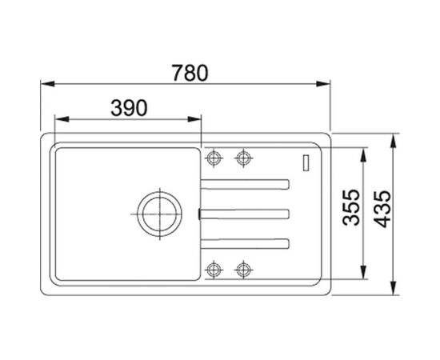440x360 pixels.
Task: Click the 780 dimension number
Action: (x=190, y=73)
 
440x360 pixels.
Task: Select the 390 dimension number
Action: (x=129, y=108)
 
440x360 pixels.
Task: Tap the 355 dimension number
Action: (x=351, y=207)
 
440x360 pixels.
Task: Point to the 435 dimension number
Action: (x=382, y=209)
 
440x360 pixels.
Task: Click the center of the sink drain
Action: (x=159, y=214)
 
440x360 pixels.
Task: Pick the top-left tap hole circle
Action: (x=214, y=158)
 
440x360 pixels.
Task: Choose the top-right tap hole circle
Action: (x=243, y=158)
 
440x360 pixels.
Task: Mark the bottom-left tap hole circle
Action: (x=214, y=270)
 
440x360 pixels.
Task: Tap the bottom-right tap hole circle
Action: (x=243, y=270)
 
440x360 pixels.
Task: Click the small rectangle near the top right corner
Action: (x=306, y=162)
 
